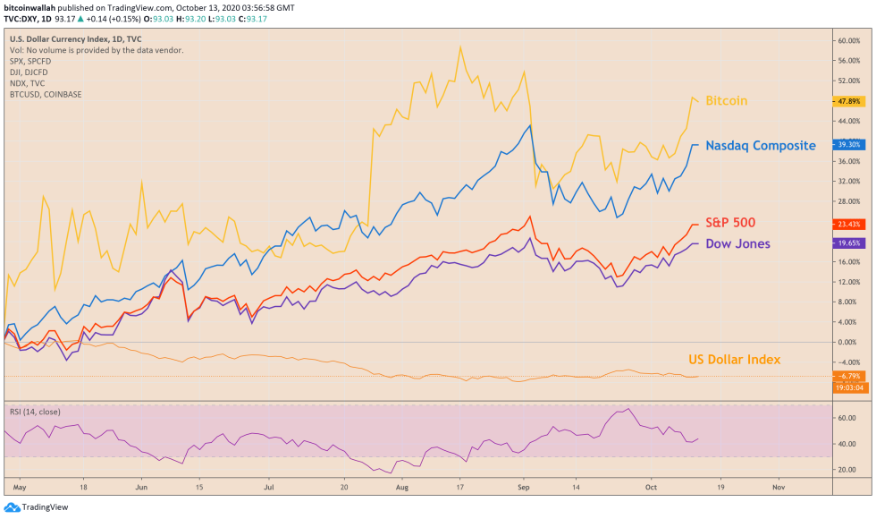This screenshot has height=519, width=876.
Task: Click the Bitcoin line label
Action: point(726,101)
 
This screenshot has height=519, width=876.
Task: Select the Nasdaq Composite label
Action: point(760,145)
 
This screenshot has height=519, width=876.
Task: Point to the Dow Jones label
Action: point(737,243)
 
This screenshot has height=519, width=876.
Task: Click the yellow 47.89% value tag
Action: point(848,101)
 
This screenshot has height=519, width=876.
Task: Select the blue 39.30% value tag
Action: point(848,143)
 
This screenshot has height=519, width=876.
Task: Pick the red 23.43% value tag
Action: point(848,225)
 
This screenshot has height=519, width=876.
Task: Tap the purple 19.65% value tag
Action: point(848,242)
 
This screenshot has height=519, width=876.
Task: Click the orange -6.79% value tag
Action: point(848,376)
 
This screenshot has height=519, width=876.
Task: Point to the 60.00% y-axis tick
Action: point(848,41)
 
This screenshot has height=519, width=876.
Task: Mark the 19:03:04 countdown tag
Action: point(848,387)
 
